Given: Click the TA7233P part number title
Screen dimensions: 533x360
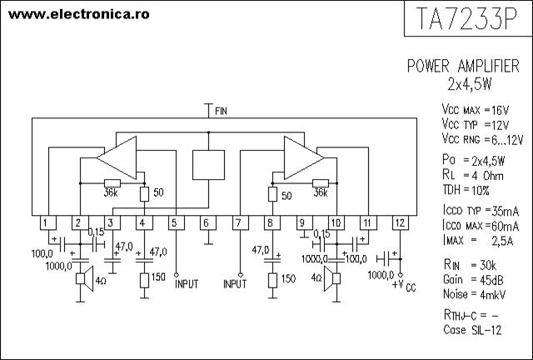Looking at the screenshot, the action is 466,18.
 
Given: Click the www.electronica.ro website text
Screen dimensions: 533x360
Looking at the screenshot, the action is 79,14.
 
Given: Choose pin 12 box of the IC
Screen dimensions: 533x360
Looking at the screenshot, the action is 401,222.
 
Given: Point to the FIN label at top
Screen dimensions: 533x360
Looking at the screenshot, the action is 221,111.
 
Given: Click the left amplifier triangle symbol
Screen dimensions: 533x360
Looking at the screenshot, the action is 117,157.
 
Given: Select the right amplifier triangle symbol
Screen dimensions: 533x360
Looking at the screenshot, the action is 304,157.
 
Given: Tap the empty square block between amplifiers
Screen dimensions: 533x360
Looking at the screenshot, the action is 208,165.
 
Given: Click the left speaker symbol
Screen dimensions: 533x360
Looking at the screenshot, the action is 84,279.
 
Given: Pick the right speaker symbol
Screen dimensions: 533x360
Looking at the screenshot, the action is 332,278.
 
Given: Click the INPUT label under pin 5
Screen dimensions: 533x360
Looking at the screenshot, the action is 187,283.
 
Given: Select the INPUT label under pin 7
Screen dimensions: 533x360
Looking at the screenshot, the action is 235,283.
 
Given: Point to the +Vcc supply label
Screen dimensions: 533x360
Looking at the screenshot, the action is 404,286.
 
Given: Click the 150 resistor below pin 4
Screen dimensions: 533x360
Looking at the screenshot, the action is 144,281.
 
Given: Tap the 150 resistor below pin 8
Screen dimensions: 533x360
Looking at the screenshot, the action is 272,281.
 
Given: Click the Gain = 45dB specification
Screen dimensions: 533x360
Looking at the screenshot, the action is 473,280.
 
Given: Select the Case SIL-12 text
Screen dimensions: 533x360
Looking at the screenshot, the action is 472,330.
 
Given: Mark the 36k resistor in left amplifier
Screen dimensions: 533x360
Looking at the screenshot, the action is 112,183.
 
